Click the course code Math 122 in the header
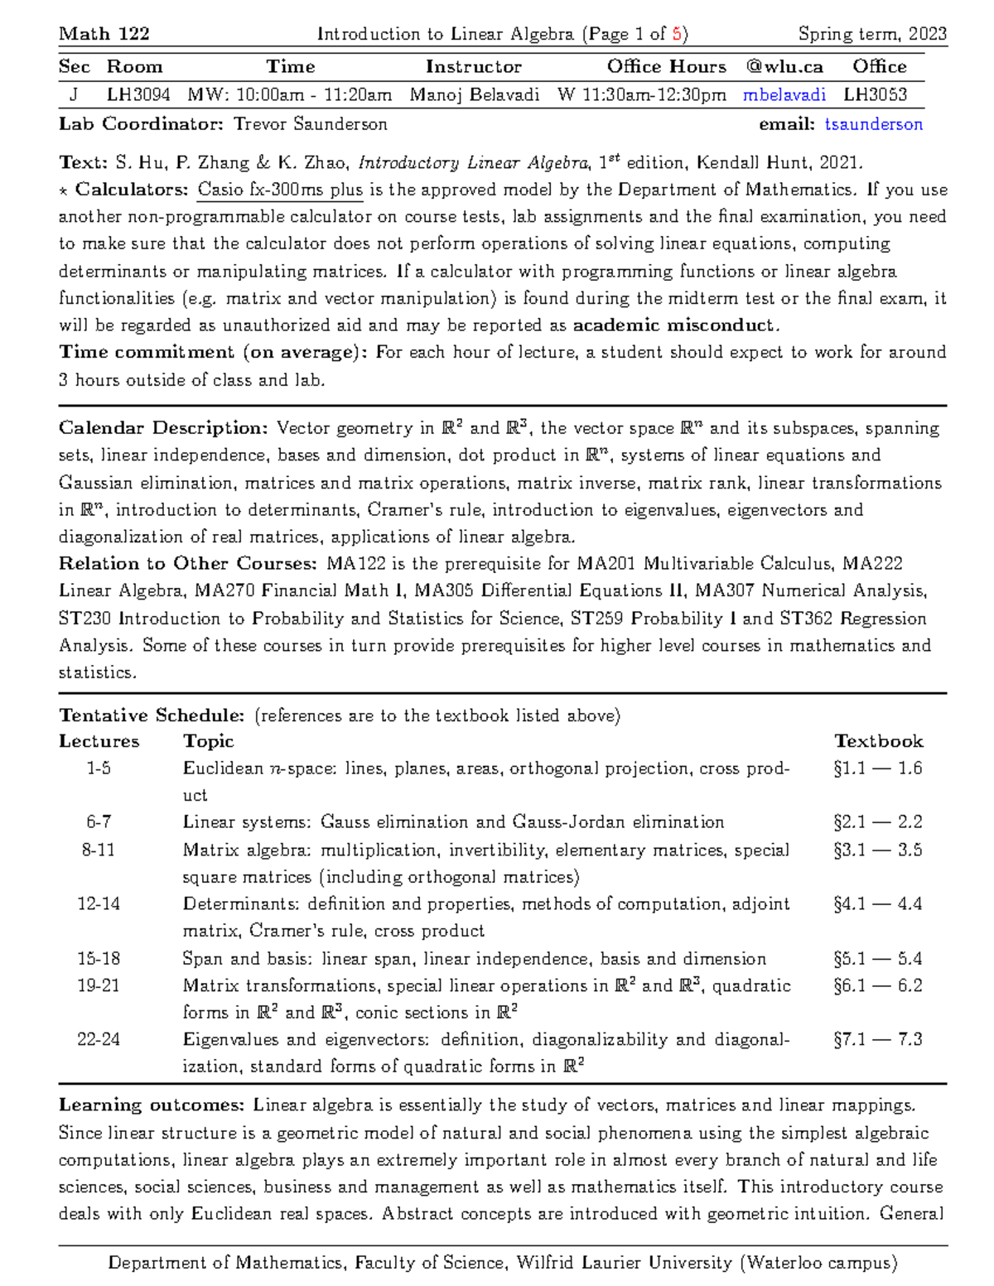104,34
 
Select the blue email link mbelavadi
784,95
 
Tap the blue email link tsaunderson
873,125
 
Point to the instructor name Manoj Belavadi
474,95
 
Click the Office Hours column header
666,67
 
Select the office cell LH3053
876,95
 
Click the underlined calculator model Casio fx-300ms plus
280,190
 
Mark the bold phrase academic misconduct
674,325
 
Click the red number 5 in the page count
678,34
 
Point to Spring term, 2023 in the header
872,34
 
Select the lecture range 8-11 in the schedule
99,850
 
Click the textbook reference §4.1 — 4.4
877,904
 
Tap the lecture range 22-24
99,1040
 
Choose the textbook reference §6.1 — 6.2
877,986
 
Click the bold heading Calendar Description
163,429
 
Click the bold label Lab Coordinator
141,125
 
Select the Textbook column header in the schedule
878,742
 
